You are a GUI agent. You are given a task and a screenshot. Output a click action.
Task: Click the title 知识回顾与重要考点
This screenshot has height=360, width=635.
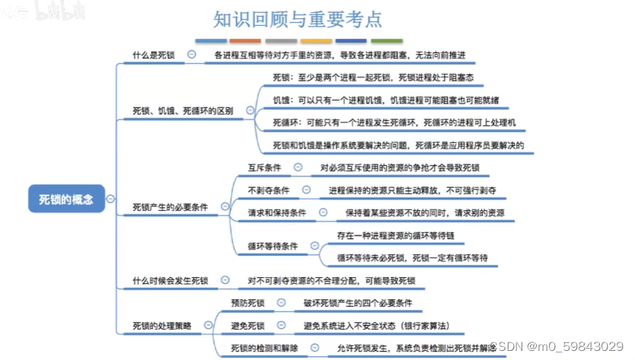[297, 18]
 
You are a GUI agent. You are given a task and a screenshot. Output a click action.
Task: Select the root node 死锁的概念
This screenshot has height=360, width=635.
[66, 199]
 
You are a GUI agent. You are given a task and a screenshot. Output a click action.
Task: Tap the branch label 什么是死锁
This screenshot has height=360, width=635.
[154, 55]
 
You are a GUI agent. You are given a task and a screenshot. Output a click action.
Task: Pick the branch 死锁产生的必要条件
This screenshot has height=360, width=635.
[170, 206]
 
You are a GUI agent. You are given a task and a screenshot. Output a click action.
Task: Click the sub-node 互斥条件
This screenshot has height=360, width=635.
[264, 167]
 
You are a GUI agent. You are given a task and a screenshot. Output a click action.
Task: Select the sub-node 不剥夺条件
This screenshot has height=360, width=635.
[269, 190]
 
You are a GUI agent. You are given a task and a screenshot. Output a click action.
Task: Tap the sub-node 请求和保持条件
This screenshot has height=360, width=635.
[277, 213]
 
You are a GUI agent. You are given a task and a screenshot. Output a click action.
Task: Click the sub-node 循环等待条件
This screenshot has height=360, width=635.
[273, 247]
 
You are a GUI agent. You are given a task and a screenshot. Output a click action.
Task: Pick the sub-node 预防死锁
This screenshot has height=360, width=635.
[247, 303]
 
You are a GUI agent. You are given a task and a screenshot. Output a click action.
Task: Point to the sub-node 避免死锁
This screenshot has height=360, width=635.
[247, 326]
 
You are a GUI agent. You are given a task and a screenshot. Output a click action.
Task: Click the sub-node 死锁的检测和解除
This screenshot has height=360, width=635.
[264, 349]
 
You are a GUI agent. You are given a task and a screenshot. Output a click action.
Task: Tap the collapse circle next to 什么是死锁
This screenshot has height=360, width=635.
[191, 54]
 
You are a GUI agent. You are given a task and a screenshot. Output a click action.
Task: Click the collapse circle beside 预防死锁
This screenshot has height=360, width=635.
[281, 303]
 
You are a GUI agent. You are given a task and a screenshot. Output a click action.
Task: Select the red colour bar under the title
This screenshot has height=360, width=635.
[246, 40]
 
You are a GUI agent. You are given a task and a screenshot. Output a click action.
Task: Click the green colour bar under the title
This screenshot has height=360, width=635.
[387, 40]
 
